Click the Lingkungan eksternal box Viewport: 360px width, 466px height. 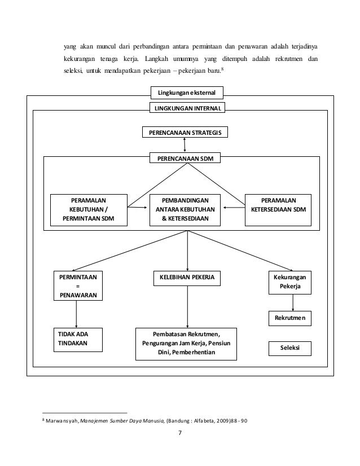coord(187,92)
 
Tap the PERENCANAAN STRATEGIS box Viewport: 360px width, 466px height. coord(185,133)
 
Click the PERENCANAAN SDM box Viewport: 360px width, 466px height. coord(185,159)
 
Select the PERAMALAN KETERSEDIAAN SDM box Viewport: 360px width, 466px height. coord(278,209)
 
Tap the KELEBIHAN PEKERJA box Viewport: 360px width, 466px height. coord(186,278)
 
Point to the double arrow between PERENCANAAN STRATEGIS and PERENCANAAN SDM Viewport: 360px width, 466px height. coord(185,146)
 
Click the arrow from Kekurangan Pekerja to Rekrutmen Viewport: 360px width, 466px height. coord(292,302)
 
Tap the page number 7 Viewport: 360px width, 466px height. coord(180,434)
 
